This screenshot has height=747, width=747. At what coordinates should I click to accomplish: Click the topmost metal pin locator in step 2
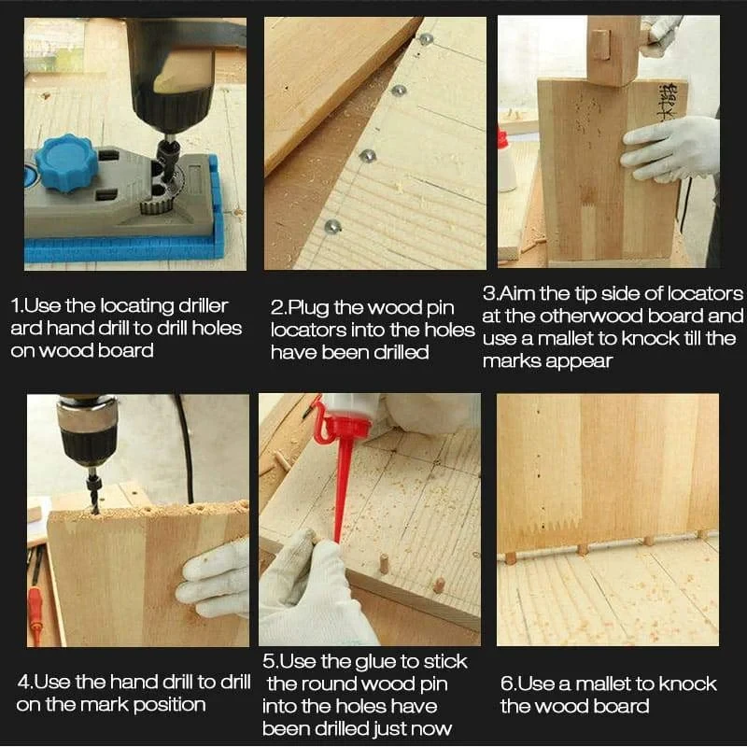[427, 40]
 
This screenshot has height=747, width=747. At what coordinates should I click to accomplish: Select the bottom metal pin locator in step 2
[331, 226]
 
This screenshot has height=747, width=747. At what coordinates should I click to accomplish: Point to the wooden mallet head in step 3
[611, 51]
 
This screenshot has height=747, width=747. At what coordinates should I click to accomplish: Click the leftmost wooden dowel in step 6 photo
[511, 557]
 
